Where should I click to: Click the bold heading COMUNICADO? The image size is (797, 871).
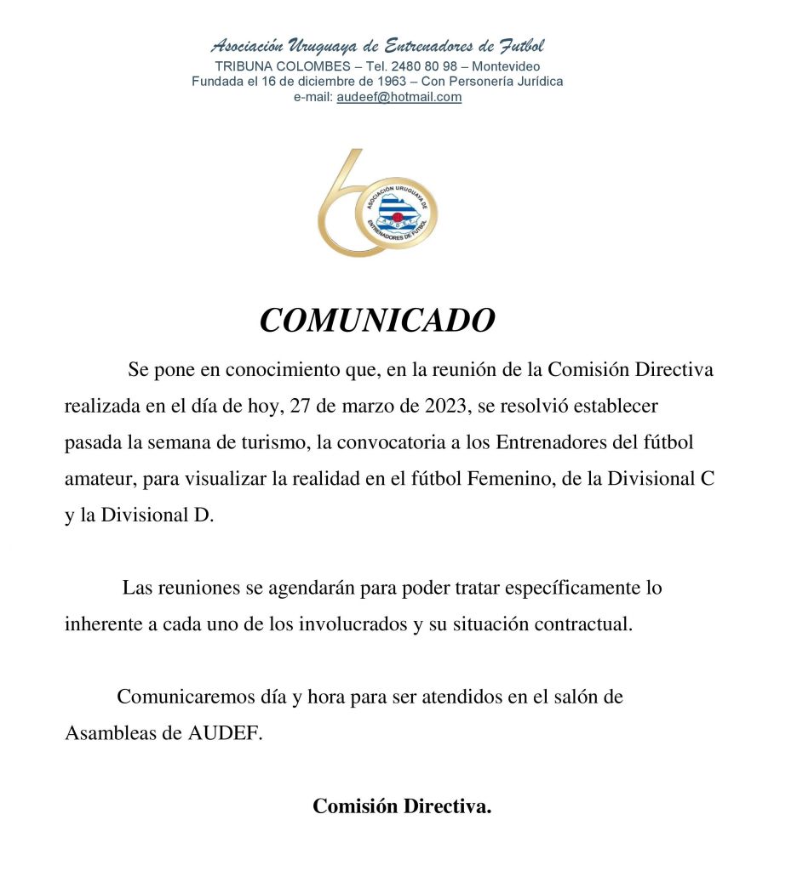coord(376,321)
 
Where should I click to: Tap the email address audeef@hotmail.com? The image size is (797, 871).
coord(399,97)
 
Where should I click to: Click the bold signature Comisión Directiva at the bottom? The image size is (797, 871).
coord(402,806)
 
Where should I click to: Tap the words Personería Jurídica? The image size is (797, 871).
coord(514,82)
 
